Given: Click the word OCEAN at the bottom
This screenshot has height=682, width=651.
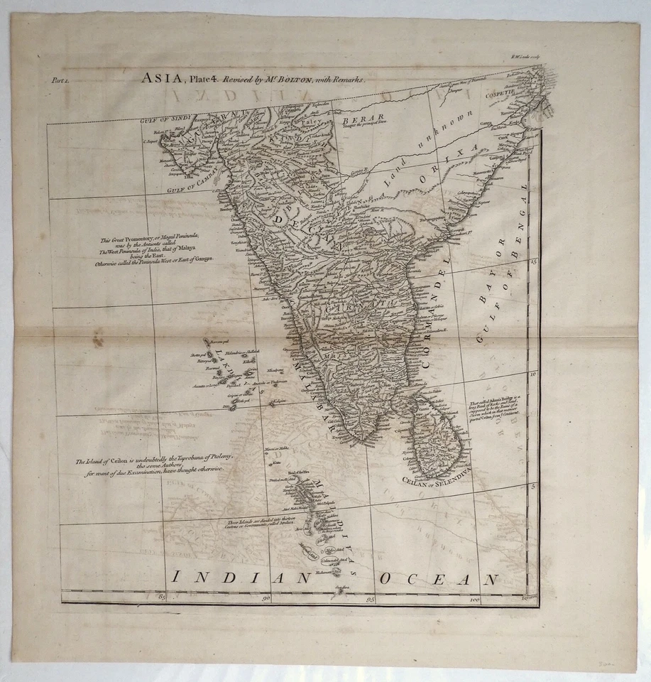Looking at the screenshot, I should (438, 579).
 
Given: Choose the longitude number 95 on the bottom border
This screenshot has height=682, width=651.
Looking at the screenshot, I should (370, 601).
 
